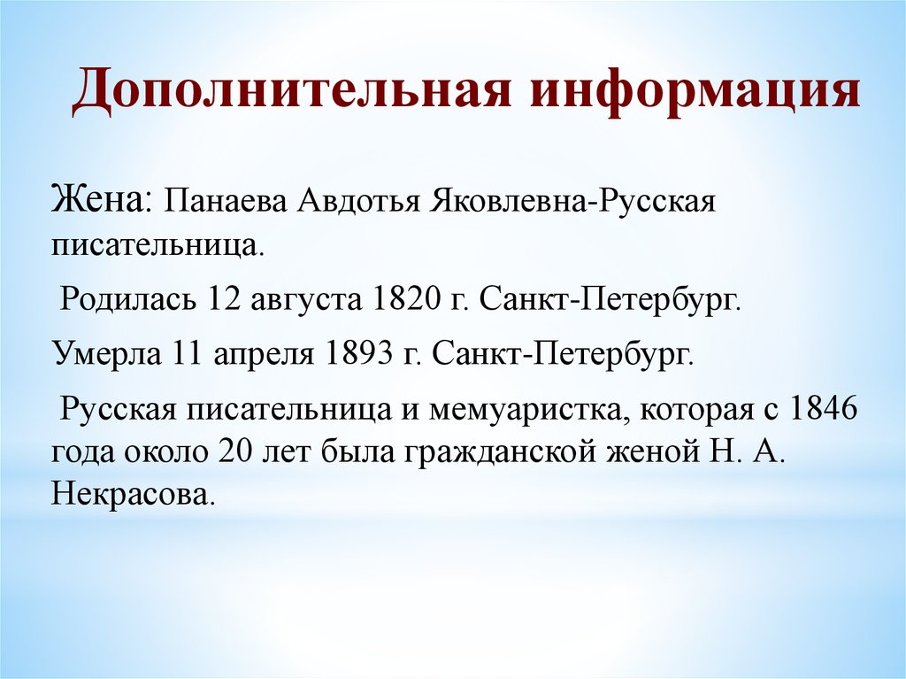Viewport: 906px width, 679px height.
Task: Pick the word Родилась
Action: (x=127, y=298)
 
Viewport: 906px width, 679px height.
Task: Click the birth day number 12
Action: (x=218, y=298)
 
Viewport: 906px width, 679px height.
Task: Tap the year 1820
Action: (x=395, y=298)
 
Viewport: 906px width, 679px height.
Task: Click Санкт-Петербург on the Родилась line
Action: (x=610, y=299)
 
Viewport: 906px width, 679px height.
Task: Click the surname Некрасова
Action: (x=133, y=493)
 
